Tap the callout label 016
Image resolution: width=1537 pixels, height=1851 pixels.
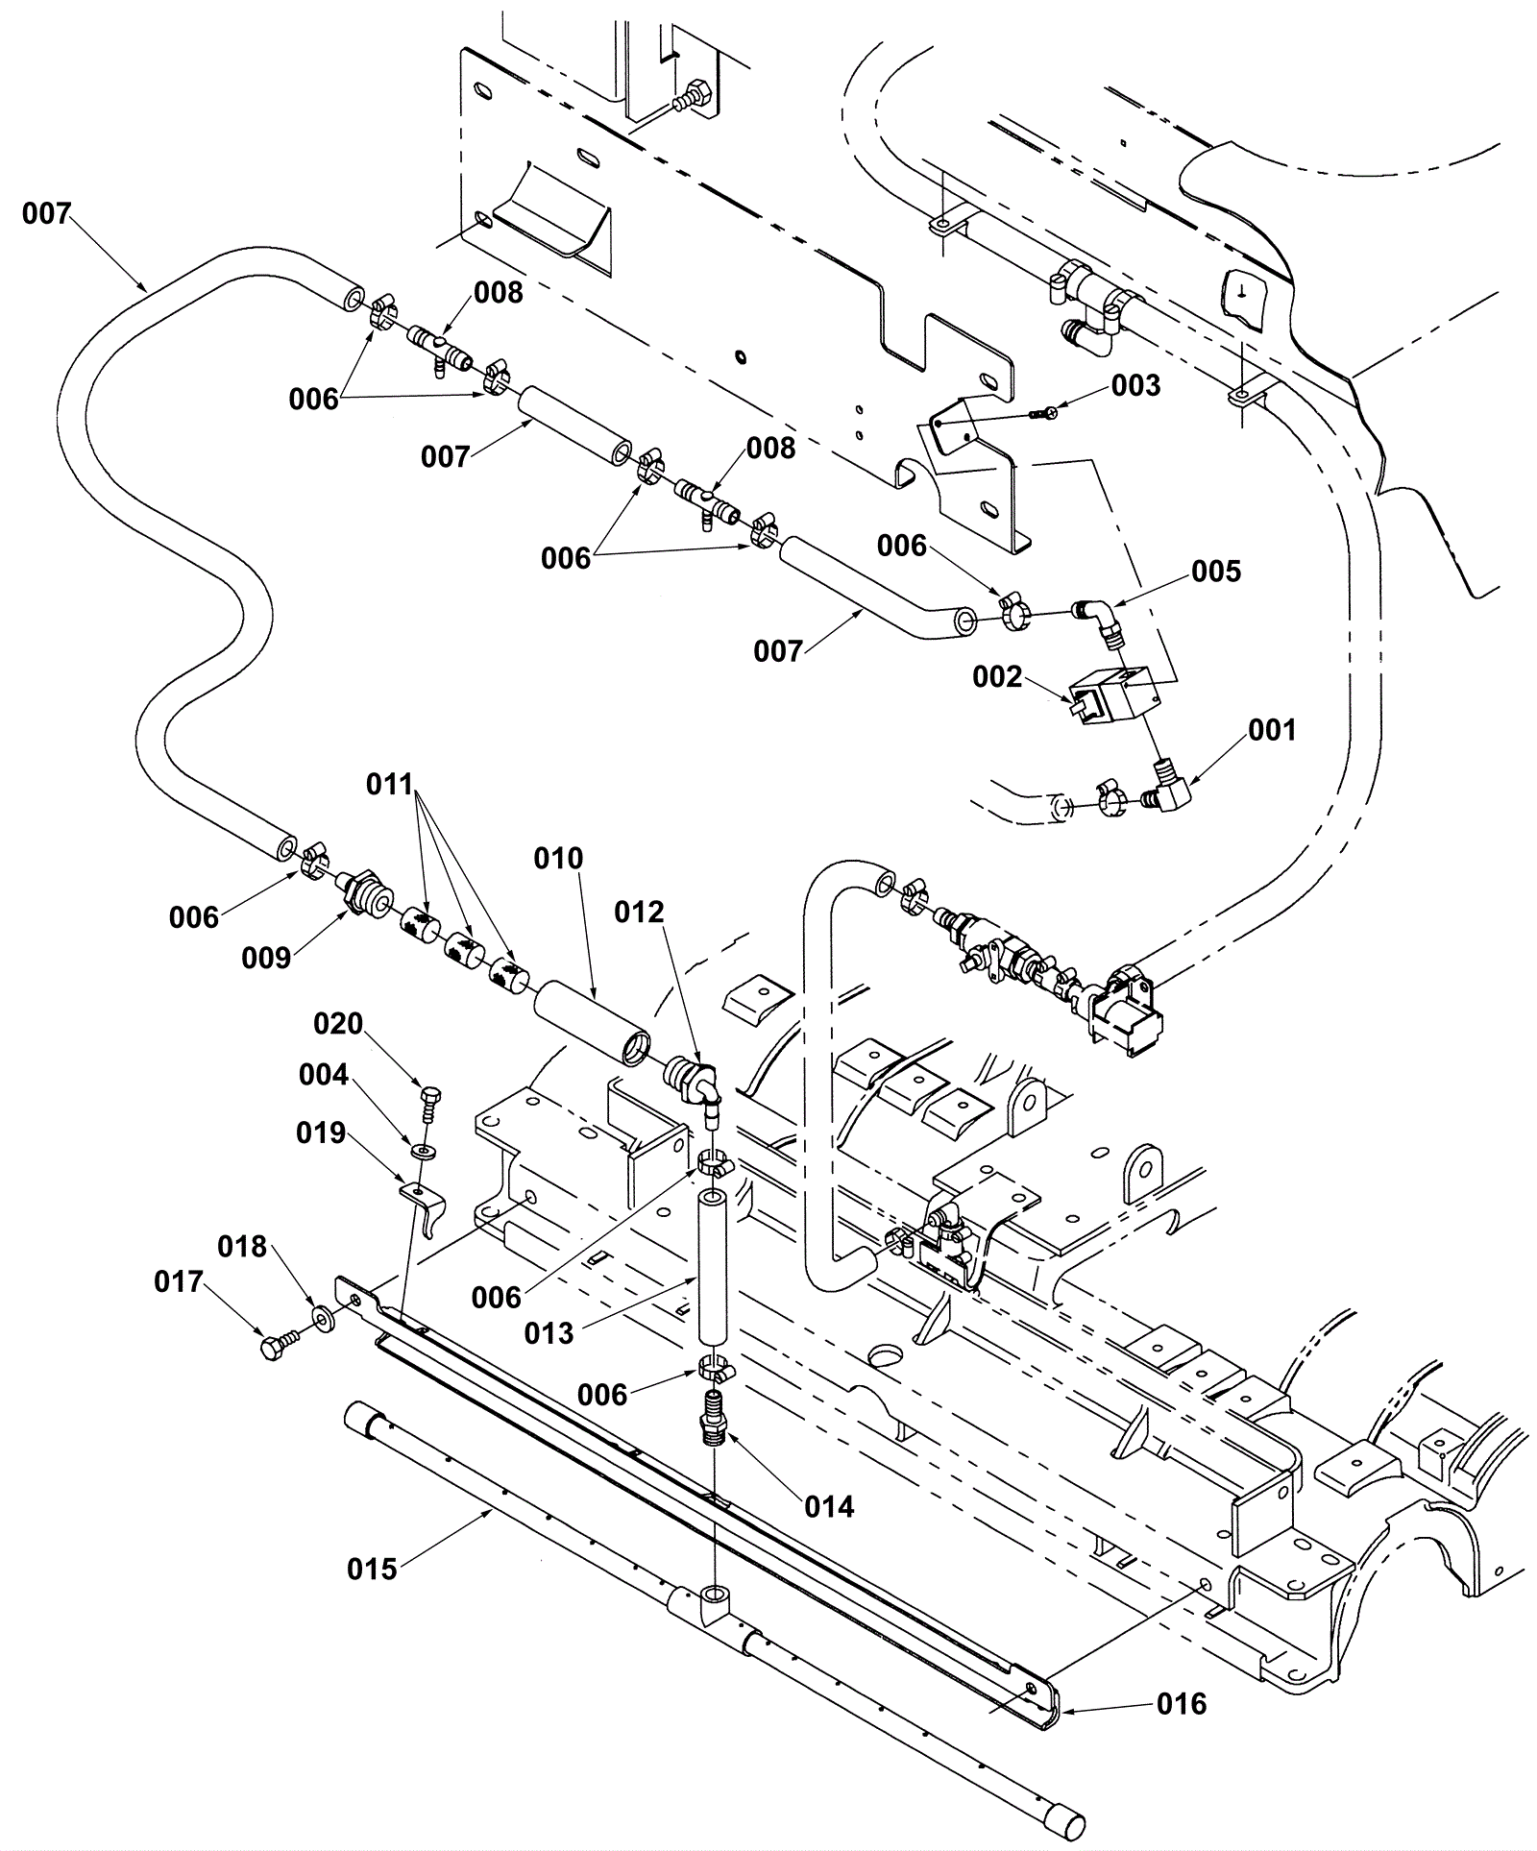point(1181,1703)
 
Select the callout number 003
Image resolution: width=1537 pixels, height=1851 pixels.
point(1135,385)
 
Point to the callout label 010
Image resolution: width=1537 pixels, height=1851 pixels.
point(558,858)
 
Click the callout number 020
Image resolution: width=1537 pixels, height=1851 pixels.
point(338,1024)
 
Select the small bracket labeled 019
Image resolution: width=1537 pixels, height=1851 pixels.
point(423,1206)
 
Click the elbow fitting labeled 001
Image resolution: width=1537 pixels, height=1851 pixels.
point(1167,784)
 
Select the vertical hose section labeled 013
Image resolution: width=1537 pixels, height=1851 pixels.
point(712,1267)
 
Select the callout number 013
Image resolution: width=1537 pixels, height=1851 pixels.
point(549,1333)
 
